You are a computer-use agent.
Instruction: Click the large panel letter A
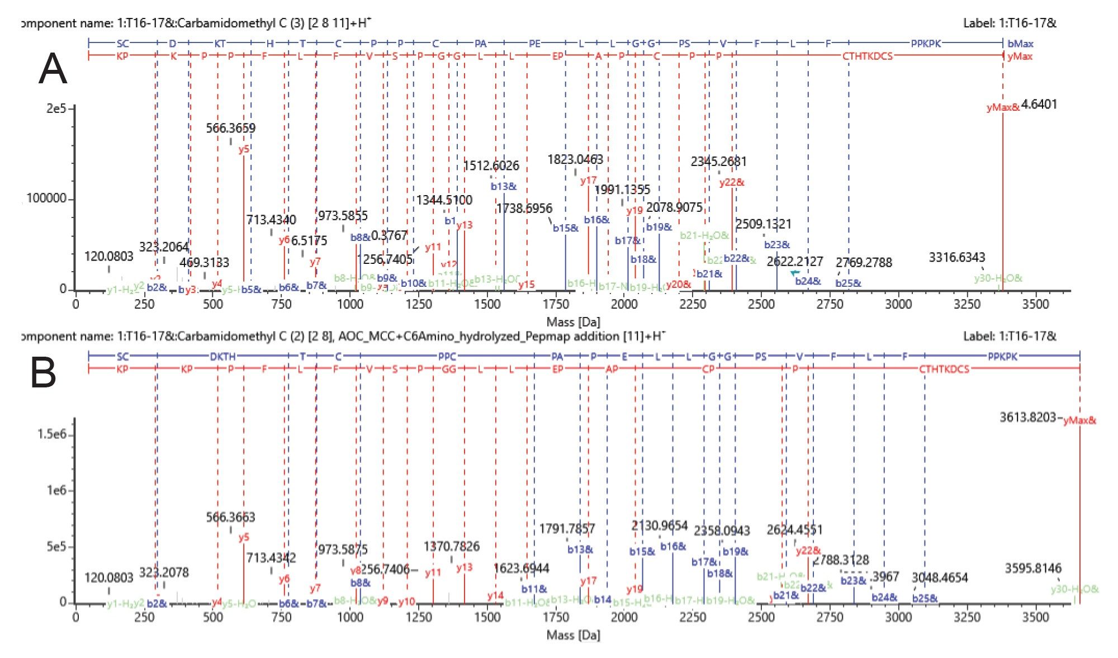(x=53, y=69)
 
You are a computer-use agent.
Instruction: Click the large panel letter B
(x=43, y=373)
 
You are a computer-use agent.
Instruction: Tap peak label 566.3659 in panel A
(x=230, y=128)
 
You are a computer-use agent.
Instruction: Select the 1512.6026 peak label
(x=491, y=165)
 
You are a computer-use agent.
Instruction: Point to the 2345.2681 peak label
(x=718, y=162)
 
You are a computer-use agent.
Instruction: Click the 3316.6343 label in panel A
(x=956, y=257)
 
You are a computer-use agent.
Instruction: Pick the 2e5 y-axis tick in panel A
(x=56, y=108)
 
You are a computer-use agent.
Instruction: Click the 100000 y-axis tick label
(x=46, y=198)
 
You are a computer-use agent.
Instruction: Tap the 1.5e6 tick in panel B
(x=51, y=434)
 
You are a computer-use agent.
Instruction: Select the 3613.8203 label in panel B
(x=1027, y=417)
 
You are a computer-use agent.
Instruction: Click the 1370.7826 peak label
(x=451, y=546)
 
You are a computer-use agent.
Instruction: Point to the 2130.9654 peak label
(x=659, y=526)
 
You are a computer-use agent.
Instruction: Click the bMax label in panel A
(x=1020, y=44)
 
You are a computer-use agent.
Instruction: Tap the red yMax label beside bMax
(x=1020, y=56)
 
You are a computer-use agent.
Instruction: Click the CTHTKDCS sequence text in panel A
(x=867, y=56)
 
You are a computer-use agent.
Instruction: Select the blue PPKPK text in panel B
(x=1003, y=356)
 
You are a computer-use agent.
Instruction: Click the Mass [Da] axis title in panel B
(x=573, y=635)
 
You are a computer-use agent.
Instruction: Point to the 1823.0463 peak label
(x=575, y=160)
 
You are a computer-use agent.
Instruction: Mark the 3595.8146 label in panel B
(x=1032, y=569)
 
